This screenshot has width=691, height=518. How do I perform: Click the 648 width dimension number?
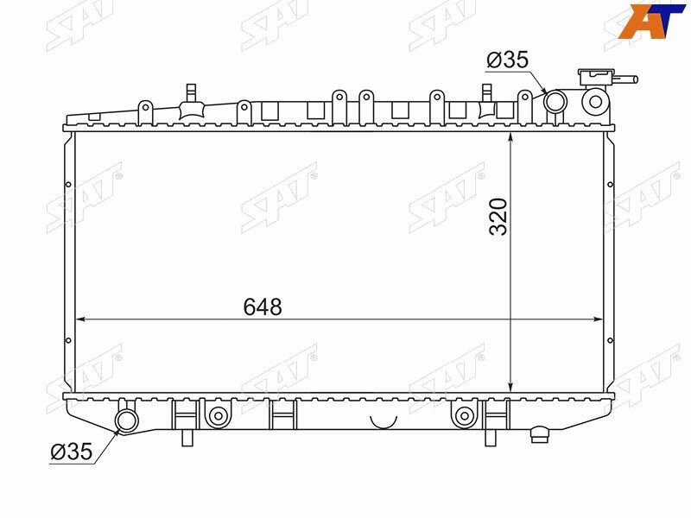click(x=263, y=306)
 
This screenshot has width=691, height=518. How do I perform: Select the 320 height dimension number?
click(x=498, y=216)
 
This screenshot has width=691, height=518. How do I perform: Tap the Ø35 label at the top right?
click(x=507, y=60)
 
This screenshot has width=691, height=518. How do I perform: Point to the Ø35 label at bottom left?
click(x=71, y=451)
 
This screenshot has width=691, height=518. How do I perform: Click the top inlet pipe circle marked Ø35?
click(x=554, y=103)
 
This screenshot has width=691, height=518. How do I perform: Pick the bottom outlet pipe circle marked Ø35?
click(x=128, y=420)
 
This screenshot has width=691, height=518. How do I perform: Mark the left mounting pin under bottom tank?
click(x=187, y=437)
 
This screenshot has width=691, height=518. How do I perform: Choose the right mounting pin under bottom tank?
click(x=490, y=437)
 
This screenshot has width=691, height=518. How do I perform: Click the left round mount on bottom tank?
click(x=216, y=417)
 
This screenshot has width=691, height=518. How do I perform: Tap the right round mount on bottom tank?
click(x=465, y=417)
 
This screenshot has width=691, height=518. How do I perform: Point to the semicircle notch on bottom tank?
click(x=382, y=421)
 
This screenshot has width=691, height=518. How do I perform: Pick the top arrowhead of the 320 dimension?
click(x=512, y=137)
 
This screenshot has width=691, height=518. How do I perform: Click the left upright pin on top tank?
click(x=189, y=92)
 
